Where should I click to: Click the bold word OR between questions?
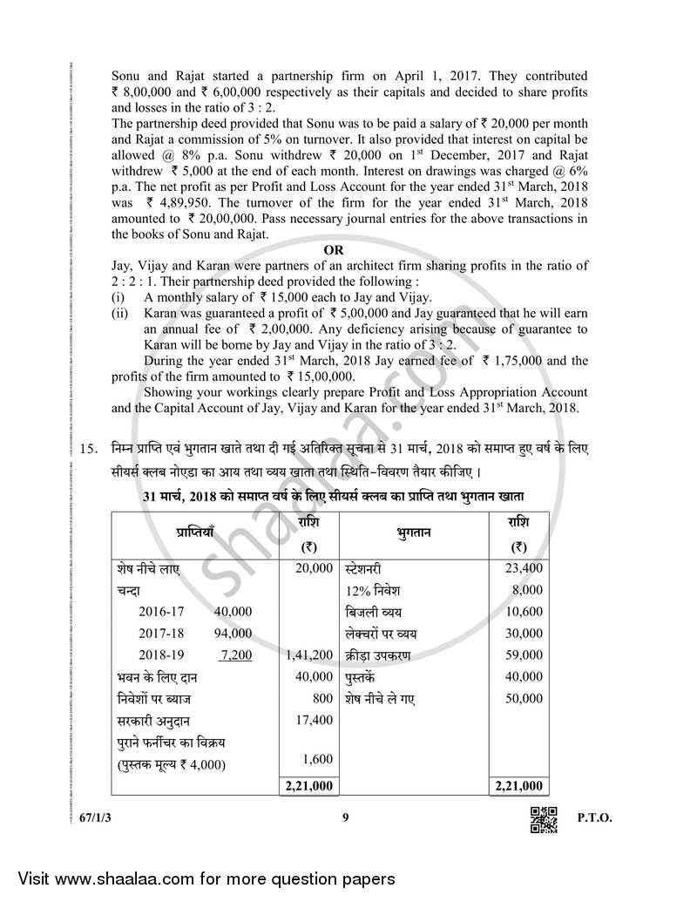click(x=334, y=250)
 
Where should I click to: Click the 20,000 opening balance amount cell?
click(x=315, y=567)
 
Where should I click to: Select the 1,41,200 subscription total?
click(x=309, y=654)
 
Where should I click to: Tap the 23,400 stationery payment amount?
click(x=524, y=567)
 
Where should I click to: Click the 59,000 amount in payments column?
click(x=524, y=654)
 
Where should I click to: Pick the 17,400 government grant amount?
click(x=315, y=721)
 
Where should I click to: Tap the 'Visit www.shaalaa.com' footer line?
click(x=198, y=878)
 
